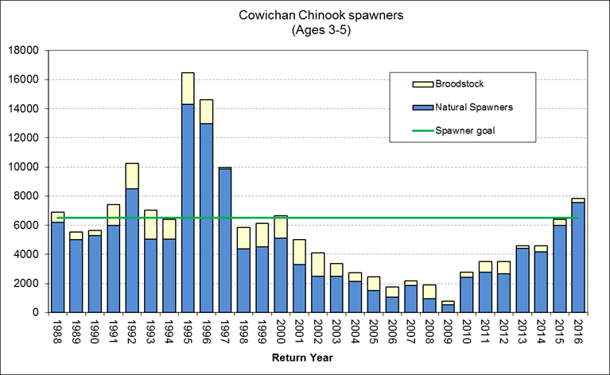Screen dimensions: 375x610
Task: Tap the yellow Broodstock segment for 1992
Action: (x=132, y=176)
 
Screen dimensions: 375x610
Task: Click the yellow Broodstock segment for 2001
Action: (x=299, y=252)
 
